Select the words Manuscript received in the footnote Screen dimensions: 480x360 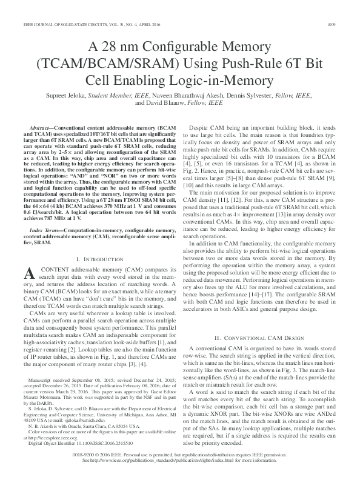[x=51, y=379]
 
